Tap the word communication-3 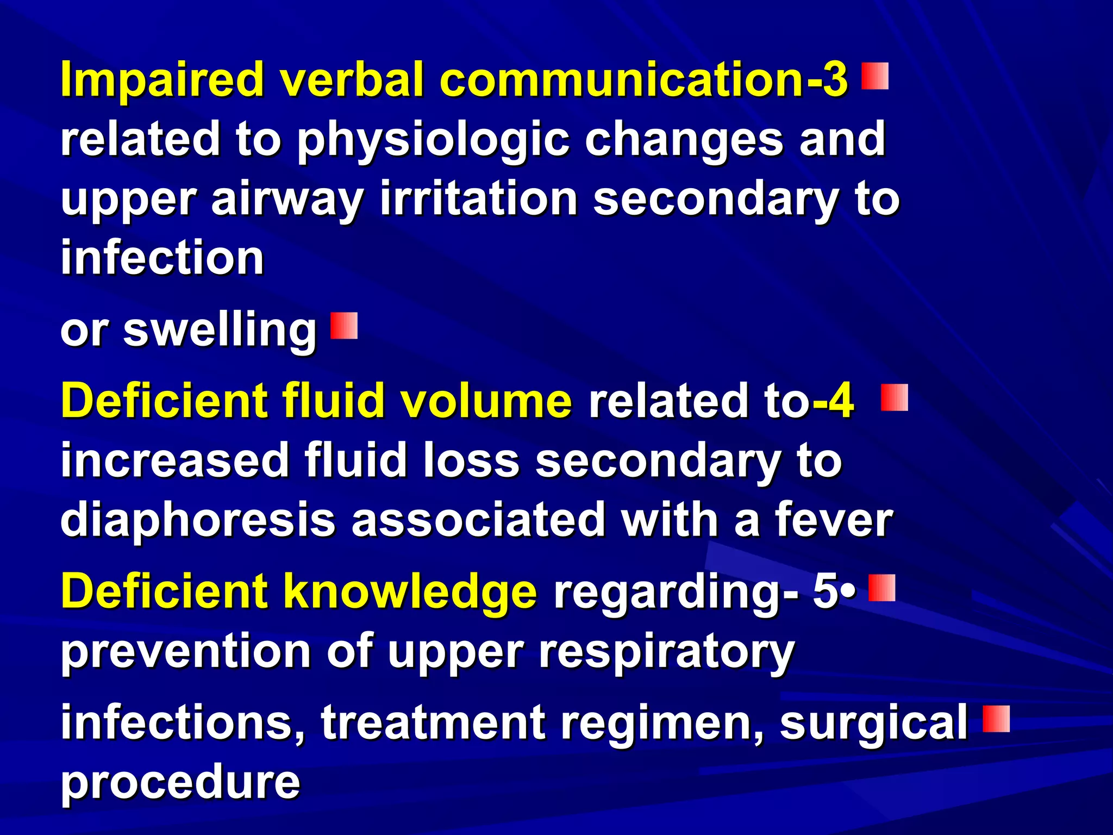click(x=644, y=80)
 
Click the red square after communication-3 click(x=875, y=76)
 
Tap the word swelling click(x=220, y=331)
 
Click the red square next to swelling click(x=344, y=326)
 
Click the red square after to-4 click(x=894, y=397)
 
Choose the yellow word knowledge click(x=410, y=591)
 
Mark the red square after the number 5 click(x=881, y=588)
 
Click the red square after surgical click(x=996, y=719)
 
